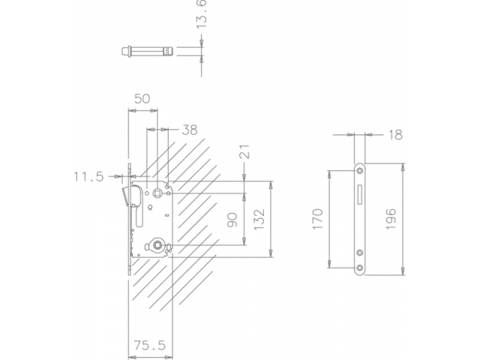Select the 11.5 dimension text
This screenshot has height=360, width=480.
[88, 177]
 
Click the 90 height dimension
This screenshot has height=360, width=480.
[233, 220]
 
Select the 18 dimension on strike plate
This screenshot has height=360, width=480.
[396, 135]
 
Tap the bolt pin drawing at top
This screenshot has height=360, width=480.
[147, 51]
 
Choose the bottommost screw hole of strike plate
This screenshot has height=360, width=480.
[361, 266]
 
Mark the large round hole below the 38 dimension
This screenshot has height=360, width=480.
[157, 193]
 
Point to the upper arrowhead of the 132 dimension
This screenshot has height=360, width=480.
[269, 184]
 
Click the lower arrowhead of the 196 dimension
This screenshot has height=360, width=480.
[403, 271]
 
